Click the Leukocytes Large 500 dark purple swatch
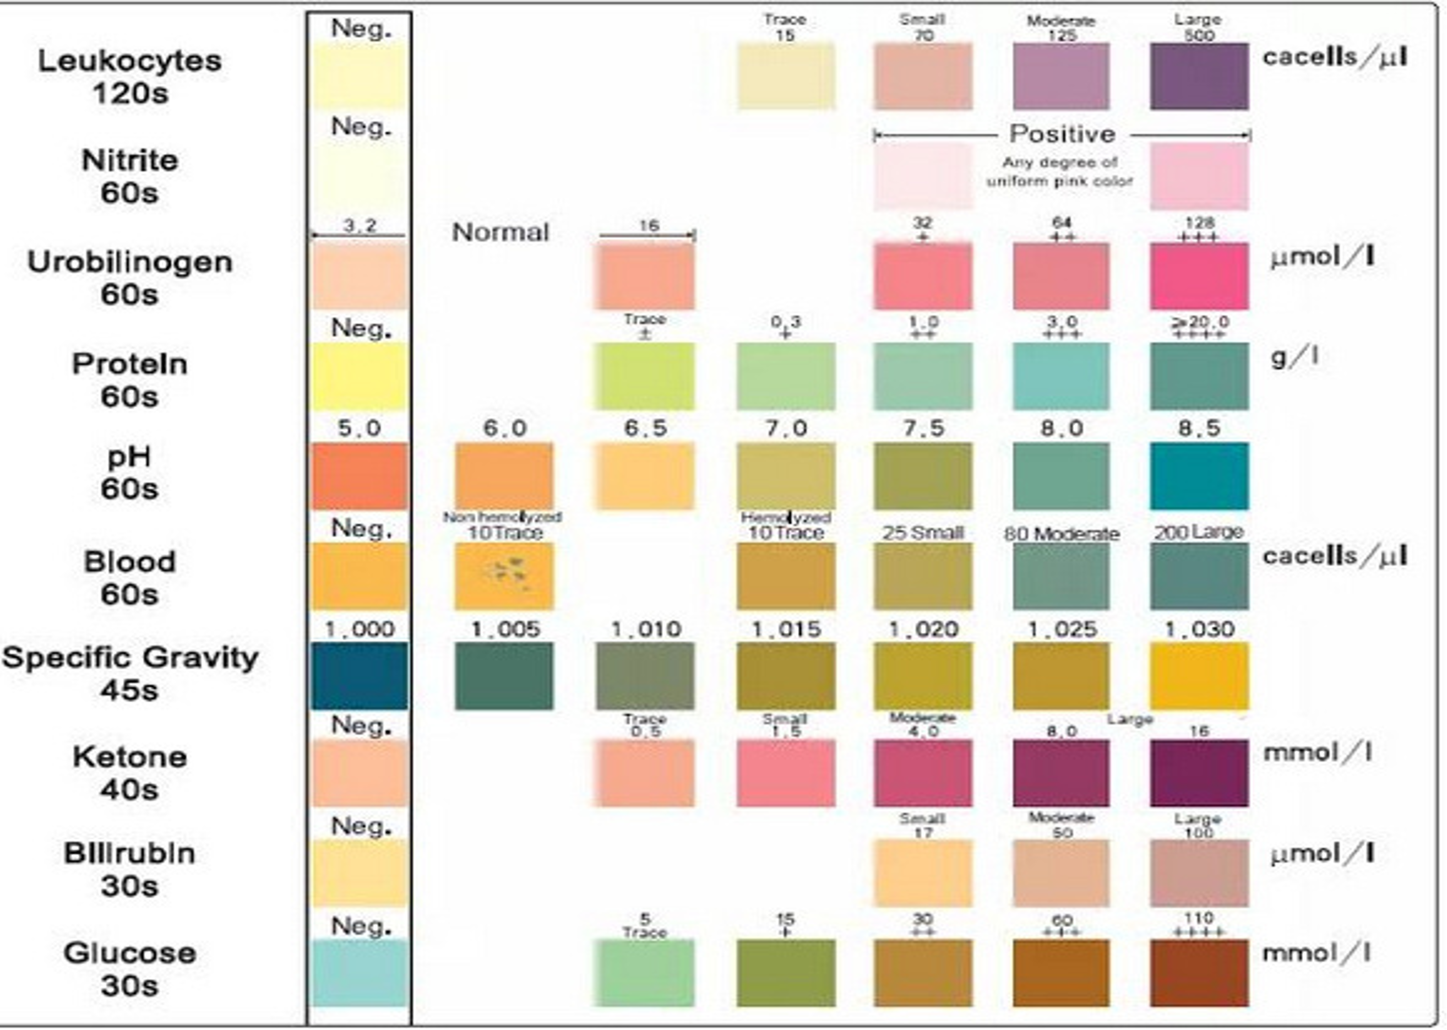click(x=1199, y=76)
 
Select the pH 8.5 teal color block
click(x=1199, y=476)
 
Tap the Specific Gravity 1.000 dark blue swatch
click(x=359, y=675)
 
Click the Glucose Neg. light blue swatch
click(x=359, y=972)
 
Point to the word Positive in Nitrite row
click(x=1062, y=134)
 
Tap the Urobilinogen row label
click(x=130, y=277)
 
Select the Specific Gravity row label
click(x=130, y=673)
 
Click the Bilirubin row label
click(x=130, y=869)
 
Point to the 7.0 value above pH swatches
click(x=786, y=428)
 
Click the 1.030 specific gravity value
click(x=1199, y=629)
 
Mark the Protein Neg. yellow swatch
click(x=359, y=377)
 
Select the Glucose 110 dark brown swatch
click(x=1199, y=972)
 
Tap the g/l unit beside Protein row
click(x=1293, y=357)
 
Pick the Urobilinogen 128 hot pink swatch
click(x=1199, y=276)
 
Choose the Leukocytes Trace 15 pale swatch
click(x=786, y=76)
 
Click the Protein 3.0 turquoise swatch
click(x=1061, y=377)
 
